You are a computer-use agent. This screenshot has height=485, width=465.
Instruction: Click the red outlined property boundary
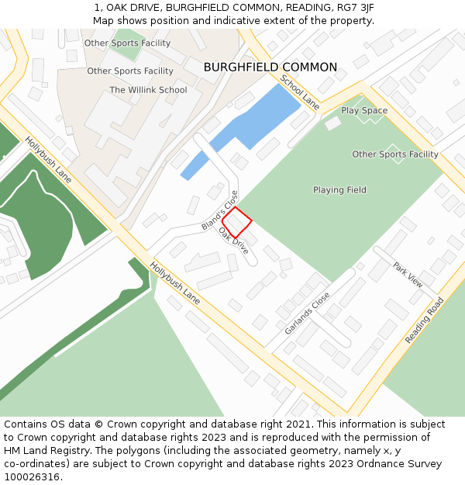click(238, 222)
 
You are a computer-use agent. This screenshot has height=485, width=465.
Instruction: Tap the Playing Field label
click(339, 190)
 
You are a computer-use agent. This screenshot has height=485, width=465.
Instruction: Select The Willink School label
click(148, 90)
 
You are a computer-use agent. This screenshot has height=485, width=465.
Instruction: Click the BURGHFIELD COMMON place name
click(270, 68)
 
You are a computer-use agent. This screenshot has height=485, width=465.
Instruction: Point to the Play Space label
click(364, 111)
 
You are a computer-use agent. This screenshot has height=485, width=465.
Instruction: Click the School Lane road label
click(299, 92)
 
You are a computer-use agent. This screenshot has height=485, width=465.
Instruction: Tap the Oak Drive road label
click(233, 241)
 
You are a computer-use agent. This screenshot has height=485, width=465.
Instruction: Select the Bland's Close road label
click(220, 210)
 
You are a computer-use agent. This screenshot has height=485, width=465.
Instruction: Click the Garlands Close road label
click(307, 314)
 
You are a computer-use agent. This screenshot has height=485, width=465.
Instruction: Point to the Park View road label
click(408, 275)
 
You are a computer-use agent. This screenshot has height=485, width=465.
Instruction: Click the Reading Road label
click(425, 320)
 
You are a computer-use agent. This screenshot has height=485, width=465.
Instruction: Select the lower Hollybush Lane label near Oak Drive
click(175, 282)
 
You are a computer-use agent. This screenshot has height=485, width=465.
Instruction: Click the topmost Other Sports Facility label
click(127, 43)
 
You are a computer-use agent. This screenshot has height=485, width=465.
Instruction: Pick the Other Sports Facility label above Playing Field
click(395, 154)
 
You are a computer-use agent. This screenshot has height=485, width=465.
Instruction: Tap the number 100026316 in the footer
click(31, 476)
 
